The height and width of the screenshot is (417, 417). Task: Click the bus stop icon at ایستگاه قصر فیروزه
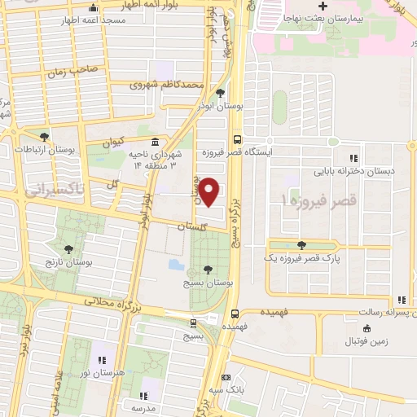[237, 138]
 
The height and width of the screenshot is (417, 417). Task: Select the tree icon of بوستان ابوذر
[221, 92]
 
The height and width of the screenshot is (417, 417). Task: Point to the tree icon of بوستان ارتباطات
[44, 136]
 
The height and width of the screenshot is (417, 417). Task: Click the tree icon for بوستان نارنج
[68, 248]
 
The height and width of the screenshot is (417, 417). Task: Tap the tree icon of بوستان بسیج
[209, 267]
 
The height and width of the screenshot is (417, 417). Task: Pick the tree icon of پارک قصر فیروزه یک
[302, 244]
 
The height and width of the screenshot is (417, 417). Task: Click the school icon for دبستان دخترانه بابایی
[353, 158]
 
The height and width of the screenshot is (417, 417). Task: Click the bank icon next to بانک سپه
[226, 379]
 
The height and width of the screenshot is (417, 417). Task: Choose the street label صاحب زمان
[77, 70]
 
